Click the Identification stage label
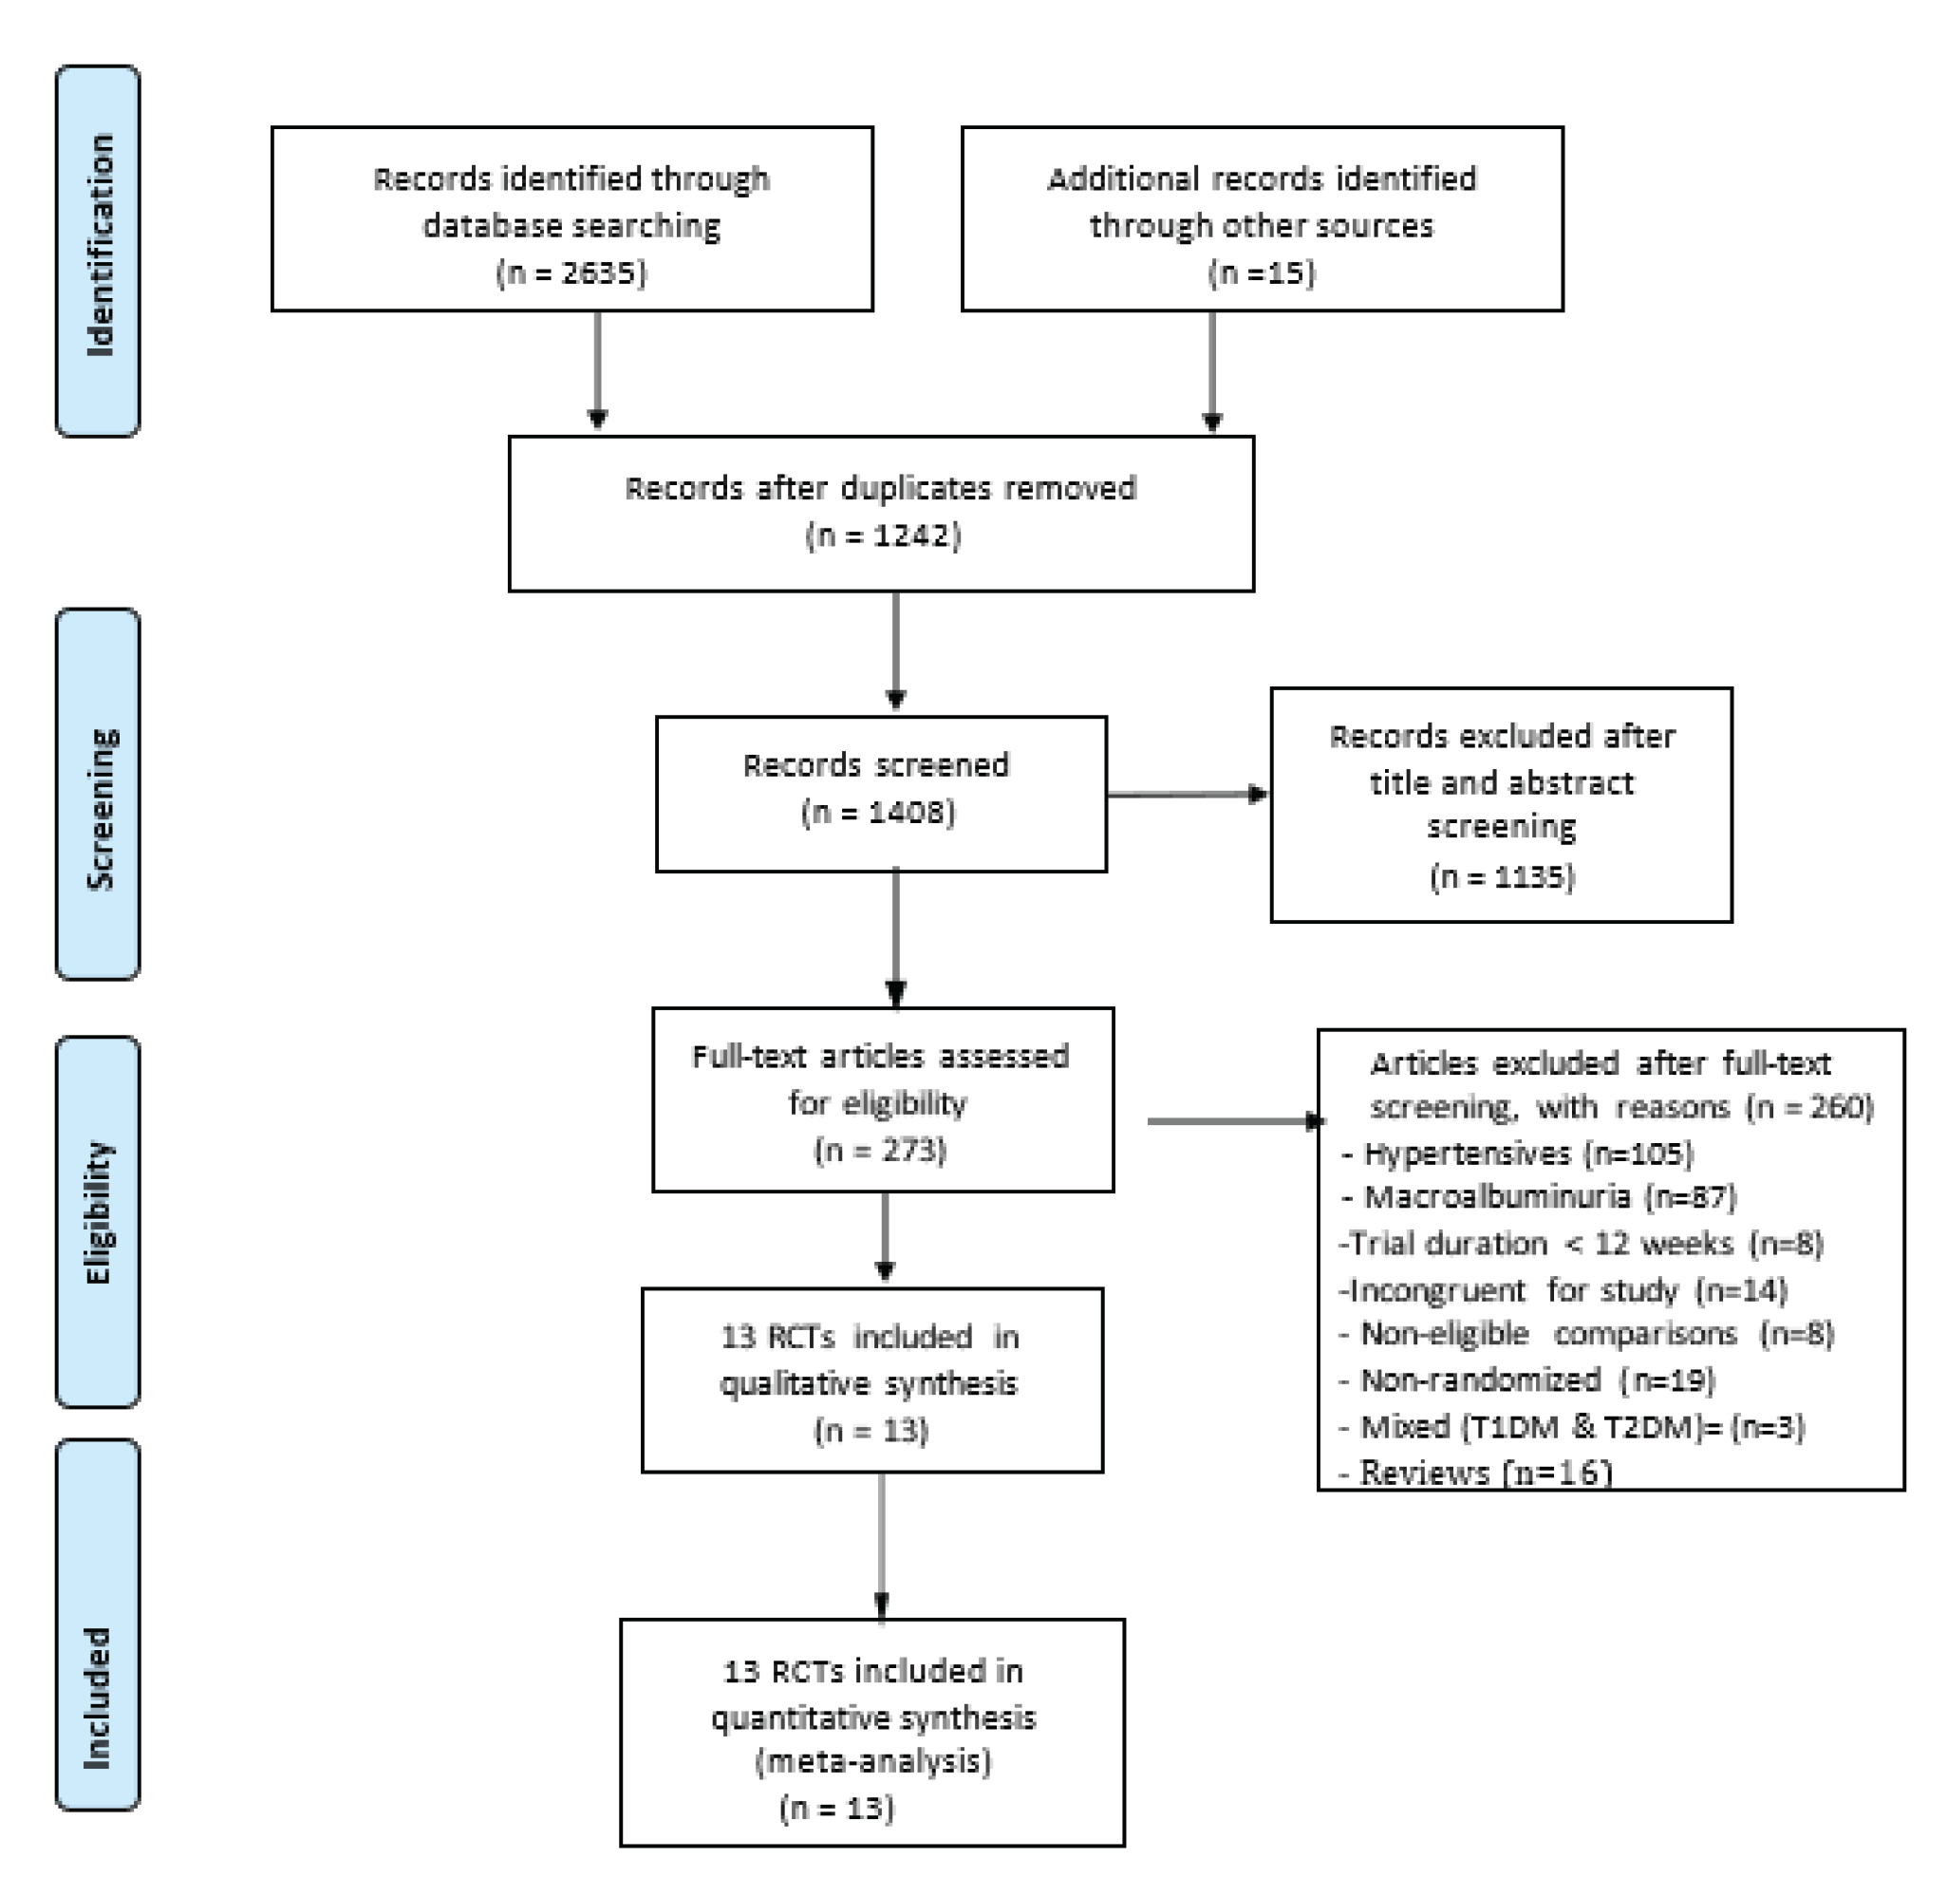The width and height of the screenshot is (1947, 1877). point(100,246)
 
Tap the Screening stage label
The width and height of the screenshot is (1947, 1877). point(100,808)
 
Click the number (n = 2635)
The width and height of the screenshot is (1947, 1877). point(571,272)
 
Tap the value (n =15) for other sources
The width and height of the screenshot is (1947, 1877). point(1261,272)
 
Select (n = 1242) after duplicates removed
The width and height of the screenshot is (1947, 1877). point(882,535)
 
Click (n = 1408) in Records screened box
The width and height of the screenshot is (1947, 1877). point(878,812)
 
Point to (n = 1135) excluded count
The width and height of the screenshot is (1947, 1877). point(1502,876)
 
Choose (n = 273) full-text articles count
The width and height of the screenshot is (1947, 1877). point(880,1150)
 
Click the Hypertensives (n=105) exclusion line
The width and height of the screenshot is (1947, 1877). point(1518,1153)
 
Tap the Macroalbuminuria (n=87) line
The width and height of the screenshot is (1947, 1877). point(1540,1196)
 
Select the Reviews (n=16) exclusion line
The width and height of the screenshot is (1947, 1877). point(1476,1472)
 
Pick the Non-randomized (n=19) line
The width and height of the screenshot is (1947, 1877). point(1527,1380)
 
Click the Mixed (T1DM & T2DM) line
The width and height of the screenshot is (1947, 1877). point(1571,1427)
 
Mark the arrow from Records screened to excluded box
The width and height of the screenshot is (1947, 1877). point(1187,794)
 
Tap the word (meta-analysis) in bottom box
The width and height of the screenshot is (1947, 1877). point(873,1761)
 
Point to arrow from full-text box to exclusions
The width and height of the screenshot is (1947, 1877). point(1235,1121)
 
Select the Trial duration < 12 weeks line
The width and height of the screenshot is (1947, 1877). point(1582,1243)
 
